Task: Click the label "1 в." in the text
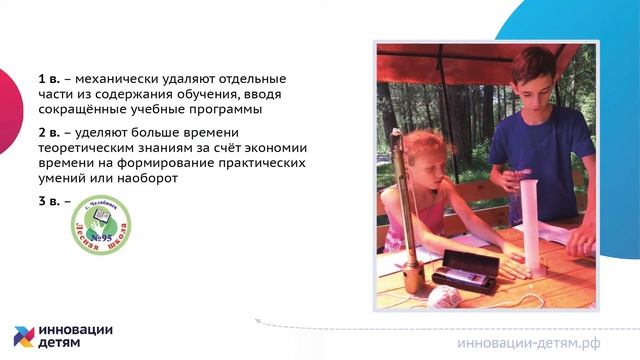tap(50, 78)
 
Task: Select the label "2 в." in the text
tap(50, 131)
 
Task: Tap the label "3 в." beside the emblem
tap(50, 202)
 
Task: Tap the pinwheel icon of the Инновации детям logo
tap(25, 337)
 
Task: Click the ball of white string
tap(442, 296)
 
